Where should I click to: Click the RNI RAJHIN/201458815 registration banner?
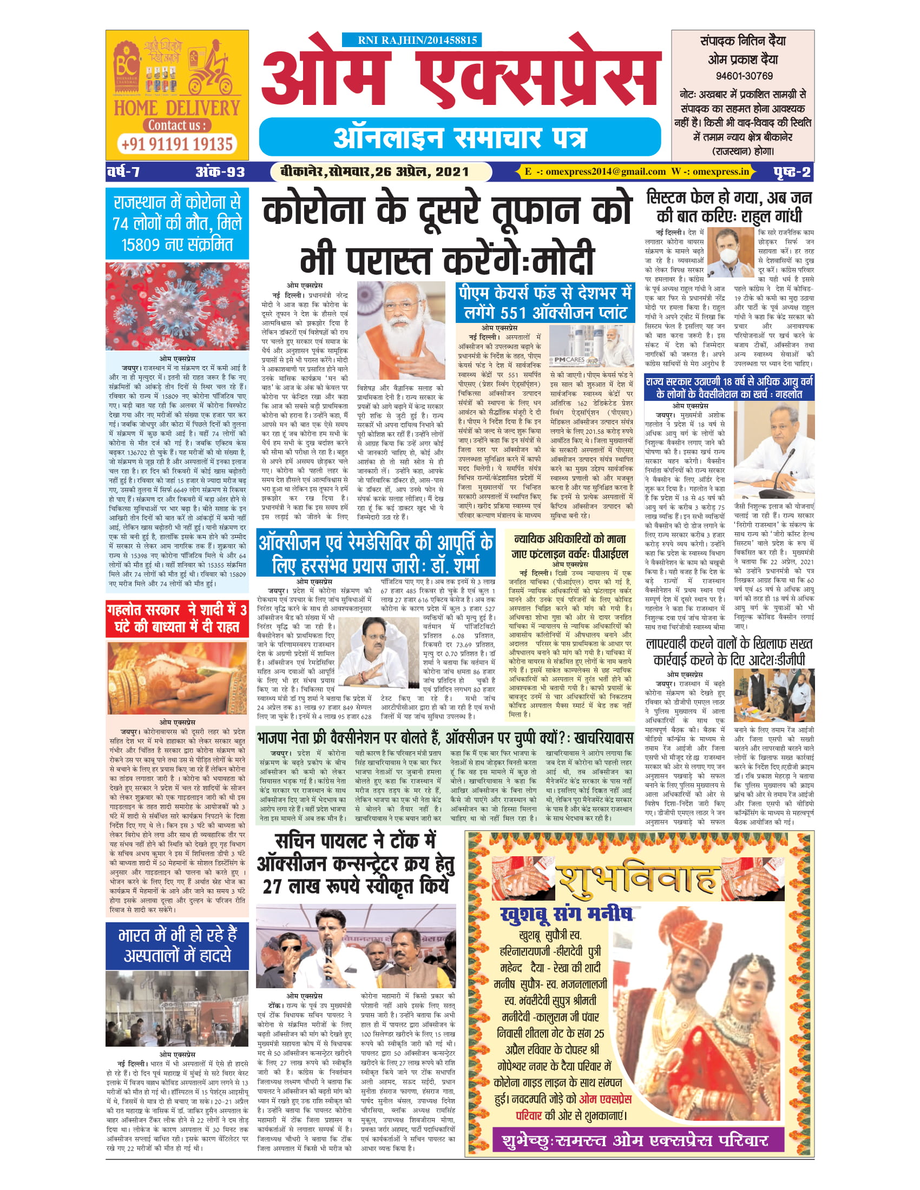[x=412, y=41]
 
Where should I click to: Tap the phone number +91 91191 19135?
[x=177, y=144]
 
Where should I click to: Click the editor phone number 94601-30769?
[x=744, y=76]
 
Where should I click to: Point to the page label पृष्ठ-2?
[x=791, y=172]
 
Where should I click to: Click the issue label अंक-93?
[x=220, y=172]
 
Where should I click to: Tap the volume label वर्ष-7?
[x=124, y=172]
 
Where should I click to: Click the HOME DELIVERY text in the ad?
[x=177, y=107]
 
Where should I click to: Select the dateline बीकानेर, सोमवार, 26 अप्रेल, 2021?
[x=374, y=172]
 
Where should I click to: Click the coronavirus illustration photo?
[x=177, y=306]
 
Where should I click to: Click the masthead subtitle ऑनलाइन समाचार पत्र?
[x=461, y=137]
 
